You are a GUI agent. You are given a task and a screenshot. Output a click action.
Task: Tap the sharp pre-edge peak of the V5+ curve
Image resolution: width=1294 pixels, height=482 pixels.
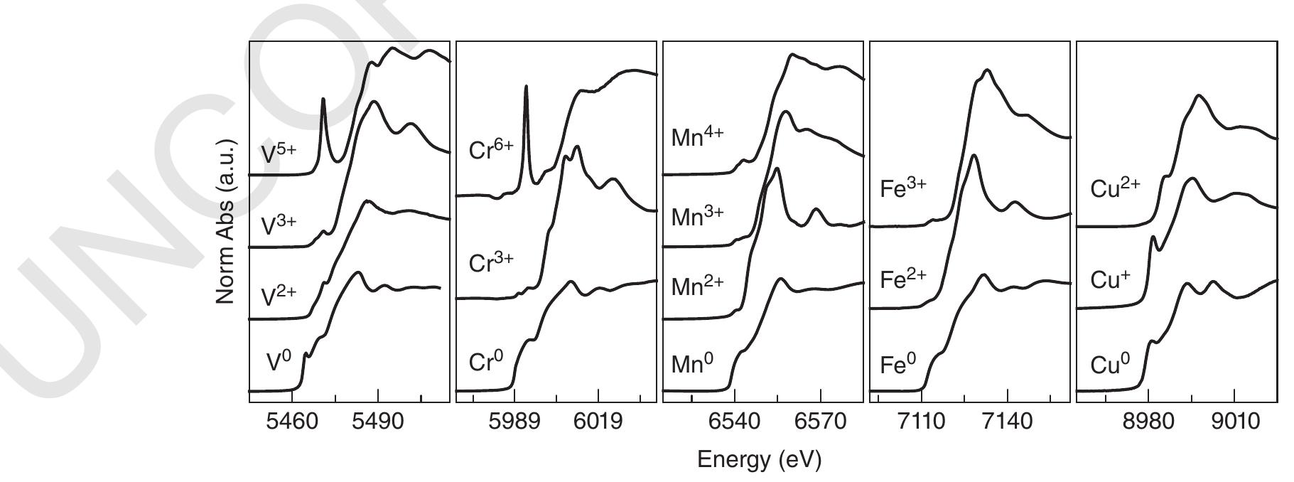323,101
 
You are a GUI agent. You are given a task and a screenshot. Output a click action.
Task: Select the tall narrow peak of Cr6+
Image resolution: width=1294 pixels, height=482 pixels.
526,88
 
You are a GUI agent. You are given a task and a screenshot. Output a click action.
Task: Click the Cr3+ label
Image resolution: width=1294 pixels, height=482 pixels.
491,262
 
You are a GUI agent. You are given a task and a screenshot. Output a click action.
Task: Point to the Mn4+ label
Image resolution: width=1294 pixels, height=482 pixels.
696,137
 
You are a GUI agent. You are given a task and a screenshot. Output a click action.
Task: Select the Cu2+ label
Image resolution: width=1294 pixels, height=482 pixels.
1115,188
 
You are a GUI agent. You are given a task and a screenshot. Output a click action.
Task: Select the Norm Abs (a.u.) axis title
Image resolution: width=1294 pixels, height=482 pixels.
226,223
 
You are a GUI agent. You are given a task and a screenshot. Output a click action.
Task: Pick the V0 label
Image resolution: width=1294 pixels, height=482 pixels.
279,363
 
